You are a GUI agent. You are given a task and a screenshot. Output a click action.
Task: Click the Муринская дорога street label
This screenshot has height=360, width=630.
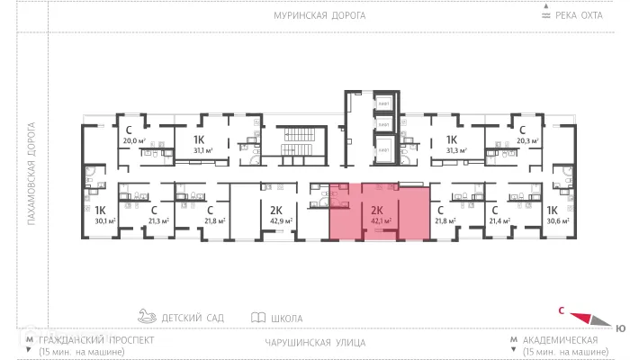pyautogui.click(x=315, y=16)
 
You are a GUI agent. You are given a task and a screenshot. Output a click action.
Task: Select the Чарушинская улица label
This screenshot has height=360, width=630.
pyautogui.click(x=315, y=343)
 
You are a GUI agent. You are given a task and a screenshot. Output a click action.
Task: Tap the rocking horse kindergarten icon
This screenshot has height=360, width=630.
pyautogui.click(x=147, y=317)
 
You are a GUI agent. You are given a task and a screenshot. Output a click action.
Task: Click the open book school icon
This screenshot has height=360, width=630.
pyautogui.click(x=258, y=318)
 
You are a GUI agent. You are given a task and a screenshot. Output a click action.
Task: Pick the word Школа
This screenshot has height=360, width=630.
pyautogui.click(x=286, y=319)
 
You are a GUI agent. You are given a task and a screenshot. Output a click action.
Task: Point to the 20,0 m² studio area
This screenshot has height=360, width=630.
pyautogui.click(x=133, y=140)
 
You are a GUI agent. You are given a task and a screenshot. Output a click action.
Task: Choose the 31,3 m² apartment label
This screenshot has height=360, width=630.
pyautogui.click(x=454, y=150)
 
